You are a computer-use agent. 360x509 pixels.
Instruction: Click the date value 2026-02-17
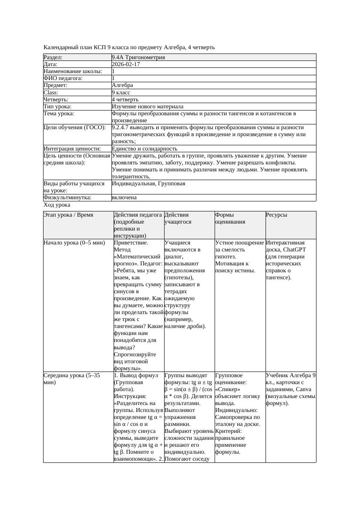(x=126, y=64)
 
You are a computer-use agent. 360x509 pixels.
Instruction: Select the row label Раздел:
(x=53, y=57)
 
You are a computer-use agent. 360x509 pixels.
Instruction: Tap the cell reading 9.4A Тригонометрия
(x=138, y=57)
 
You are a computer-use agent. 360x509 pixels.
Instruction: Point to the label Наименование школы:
(x=73, y=71)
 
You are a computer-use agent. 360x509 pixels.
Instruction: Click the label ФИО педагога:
(x=63, y=78)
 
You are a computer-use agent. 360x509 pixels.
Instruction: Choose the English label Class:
(x=51, y=92)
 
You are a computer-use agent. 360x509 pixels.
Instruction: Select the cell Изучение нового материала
(x=148, y=106)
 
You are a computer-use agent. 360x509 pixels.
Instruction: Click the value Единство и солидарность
(x=145, y=148)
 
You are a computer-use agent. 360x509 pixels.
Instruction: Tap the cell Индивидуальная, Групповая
(x=148, y=184)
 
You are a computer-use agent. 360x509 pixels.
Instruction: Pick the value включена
(x=124, y=198)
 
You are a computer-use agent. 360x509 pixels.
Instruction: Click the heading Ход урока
(x=57, y=204)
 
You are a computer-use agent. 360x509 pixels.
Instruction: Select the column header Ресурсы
(x=276, y=215)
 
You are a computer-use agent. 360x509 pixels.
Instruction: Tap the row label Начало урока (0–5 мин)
(x=74, y=243)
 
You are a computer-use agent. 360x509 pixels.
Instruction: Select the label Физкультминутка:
(x=67, y=198)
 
